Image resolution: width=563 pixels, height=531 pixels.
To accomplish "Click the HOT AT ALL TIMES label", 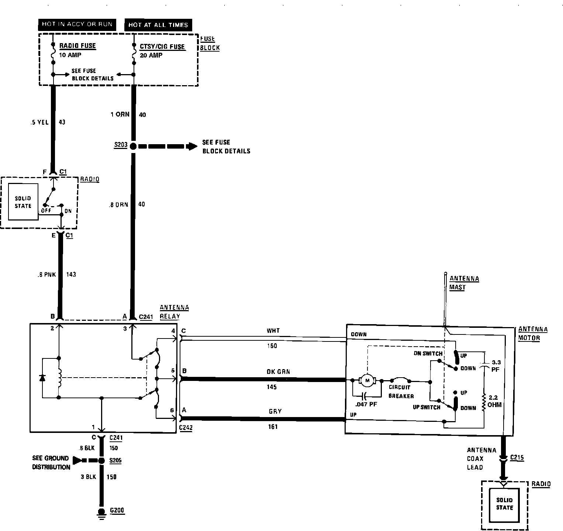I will point(158,25).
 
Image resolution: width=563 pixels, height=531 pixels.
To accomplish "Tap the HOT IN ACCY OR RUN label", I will point(77,24).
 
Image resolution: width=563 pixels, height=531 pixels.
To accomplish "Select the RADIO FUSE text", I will point(77,46).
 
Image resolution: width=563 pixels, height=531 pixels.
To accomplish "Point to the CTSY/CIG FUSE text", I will point(162,47).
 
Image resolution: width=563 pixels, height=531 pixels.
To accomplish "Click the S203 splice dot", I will point(133,146).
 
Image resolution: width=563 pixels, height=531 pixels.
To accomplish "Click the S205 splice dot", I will point(101,461).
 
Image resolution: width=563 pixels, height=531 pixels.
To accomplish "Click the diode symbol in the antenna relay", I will point(42,378).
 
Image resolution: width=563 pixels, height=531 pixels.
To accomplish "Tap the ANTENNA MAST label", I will point(464,283).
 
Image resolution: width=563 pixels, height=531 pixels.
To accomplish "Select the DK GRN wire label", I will point(278,372).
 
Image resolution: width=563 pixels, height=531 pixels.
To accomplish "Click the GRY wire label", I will point(275,411).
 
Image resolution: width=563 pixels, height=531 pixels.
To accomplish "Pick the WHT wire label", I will point(273,331).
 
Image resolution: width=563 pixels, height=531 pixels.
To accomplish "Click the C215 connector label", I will point(517,458).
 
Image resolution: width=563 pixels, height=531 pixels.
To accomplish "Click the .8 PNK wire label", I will point(46,274).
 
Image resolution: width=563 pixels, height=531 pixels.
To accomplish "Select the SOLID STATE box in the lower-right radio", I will point(504,504).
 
